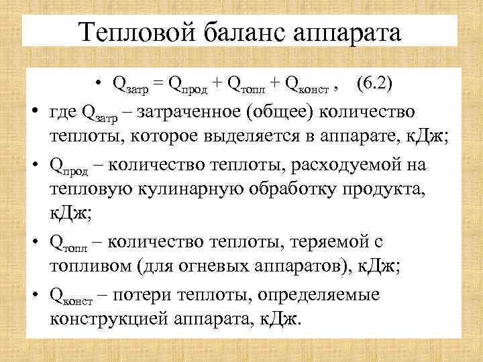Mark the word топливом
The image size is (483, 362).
point(90,266)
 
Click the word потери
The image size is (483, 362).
point(146,294)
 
